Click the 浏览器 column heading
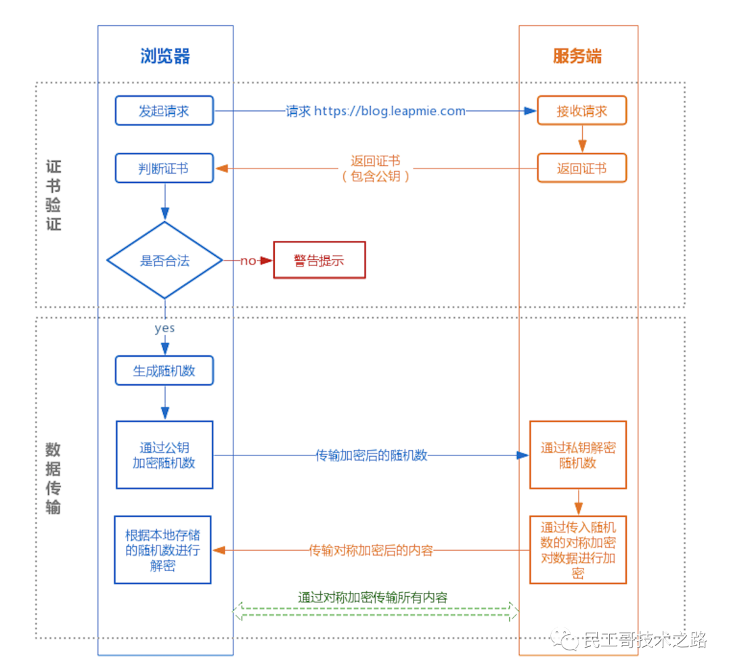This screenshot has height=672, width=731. [165, 56]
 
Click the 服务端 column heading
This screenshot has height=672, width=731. [577, 56]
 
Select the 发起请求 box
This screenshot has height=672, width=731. [164, 111]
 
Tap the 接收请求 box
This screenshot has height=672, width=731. [581, 111]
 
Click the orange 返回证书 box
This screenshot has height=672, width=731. [581, 169]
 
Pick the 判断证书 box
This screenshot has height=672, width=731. [164, 169]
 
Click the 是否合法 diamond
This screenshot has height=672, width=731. [164, 261]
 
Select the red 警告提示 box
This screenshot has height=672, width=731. [319, 261]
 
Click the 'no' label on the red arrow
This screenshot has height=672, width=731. [248, 261]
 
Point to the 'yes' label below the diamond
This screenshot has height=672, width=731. [164, 328]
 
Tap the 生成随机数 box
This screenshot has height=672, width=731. [164, 371]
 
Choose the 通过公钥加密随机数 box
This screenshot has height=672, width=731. [164, 455]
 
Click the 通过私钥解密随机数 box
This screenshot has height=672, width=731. [577, 455]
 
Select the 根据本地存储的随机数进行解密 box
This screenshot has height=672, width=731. [162, 550]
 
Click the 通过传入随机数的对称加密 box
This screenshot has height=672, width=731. [577, 550]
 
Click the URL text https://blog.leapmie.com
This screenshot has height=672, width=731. [390, 111]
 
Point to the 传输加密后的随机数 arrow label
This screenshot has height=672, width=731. [372, 455]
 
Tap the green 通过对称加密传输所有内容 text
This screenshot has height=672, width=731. [373, 598]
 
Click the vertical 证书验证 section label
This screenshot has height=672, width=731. [53, 196]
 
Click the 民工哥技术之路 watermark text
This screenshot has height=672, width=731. [644, 639]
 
